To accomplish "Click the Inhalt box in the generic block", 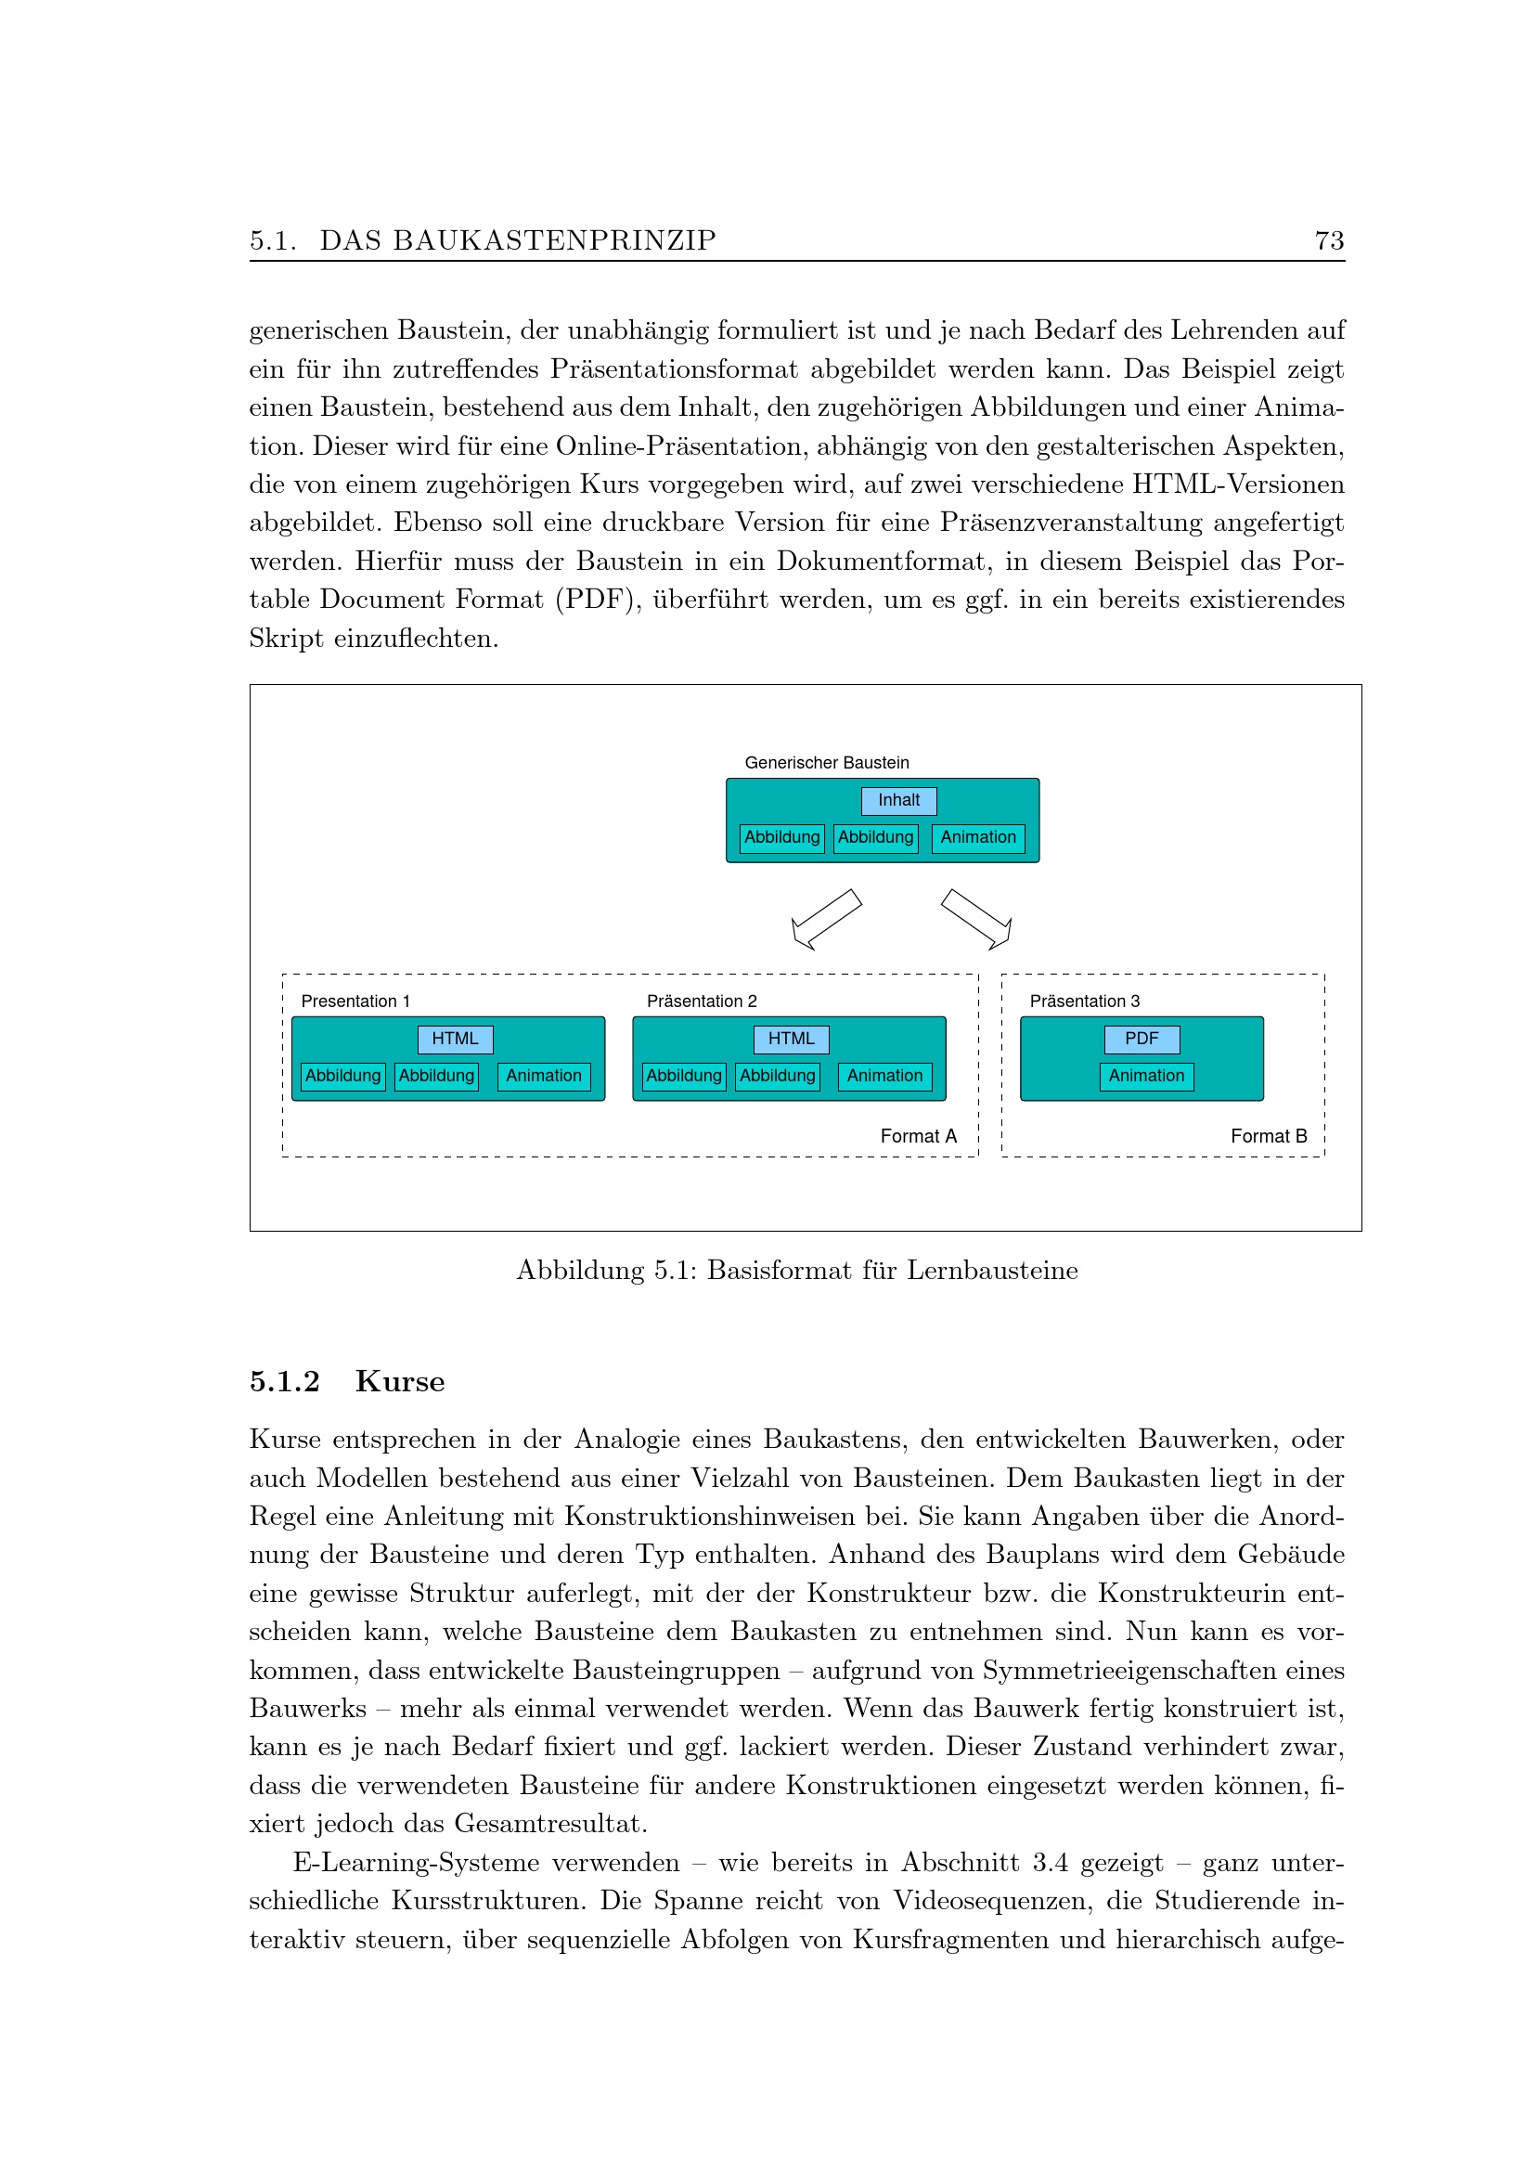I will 898,801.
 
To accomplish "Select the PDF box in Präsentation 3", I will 1141,1040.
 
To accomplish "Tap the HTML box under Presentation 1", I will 455,1040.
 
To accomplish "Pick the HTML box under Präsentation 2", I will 790,1040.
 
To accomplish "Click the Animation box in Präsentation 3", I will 1145,1076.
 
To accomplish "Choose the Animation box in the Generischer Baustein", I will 977,838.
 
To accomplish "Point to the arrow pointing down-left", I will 825,918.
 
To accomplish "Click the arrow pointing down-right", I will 977,918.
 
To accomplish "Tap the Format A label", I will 918,1137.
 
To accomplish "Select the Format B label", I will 1269,1137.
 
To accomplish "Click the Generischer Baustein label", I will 826,763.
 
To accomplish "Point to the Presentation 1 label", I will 355,1002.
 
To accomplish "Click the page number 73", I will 1329,241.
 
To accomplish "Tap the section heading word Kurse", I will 400,1381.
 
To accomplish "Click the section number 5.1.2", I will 285,1381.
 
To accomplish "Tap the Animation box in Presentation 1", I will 544,1076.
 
